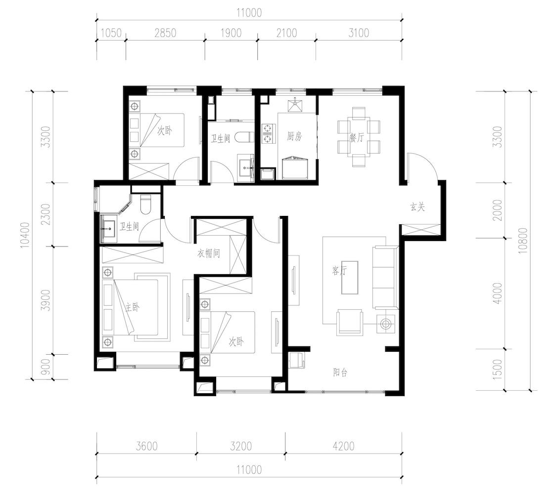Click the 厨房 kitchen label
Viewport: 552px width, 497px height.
point(294,136)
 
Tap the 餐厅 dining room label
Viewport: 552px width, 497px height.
point(356,137)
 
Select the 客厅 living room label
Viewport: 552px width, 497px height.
point(340,270)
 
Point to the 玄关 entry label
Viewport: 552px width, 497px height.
point(417,207)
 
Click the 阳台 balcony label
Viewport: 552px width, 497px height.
point(340,372)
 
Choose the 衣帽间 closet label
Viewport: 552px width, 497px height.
point(208,253)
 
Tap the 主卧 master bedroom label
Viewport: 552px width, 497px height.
point(133,308)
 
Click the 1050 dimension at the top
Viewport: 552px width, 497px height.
point(111,33)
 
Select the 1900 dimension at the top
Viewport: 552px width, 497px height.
point(231,33)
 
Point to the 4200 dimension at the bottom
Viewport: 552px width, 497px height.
point(344,446)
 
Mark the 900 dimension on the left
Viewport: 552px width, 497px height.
point(46,367)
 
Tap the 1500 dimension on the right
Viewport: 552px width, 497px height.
point(498,370)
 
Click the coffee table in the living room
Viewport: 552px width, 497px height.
point(350,278)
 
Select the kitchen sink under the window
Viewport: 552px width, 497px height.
point(295,104)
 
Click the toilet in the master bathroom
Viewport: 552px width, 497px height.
point(145,205)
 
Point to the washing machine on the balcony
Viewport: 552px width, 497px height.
point(296,360)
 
